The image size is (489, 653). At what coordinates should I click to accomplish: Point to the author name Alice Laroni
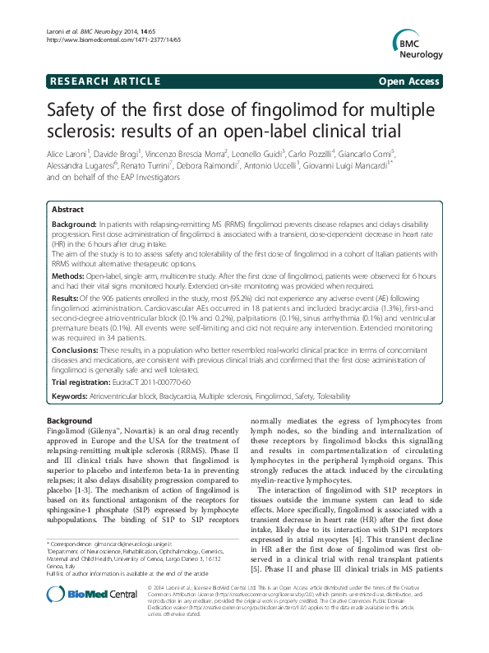click(69, 154)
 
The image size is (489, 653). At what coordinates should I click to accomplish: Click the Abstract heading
click(68, 211)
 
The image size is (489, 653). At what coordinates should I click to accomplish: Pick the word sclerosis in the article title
click(81, 132)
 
